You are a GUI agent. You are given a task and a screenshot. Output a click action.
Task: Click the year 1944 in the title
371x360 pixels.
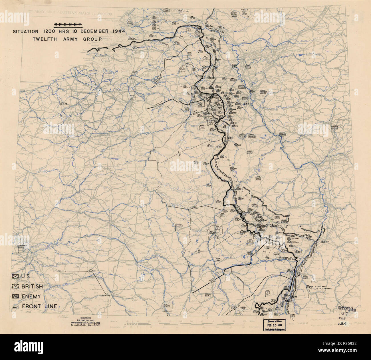116,32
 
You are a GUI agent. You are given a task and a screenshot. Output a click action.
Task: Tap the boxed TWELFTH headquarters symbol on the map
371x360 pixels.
179,226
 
